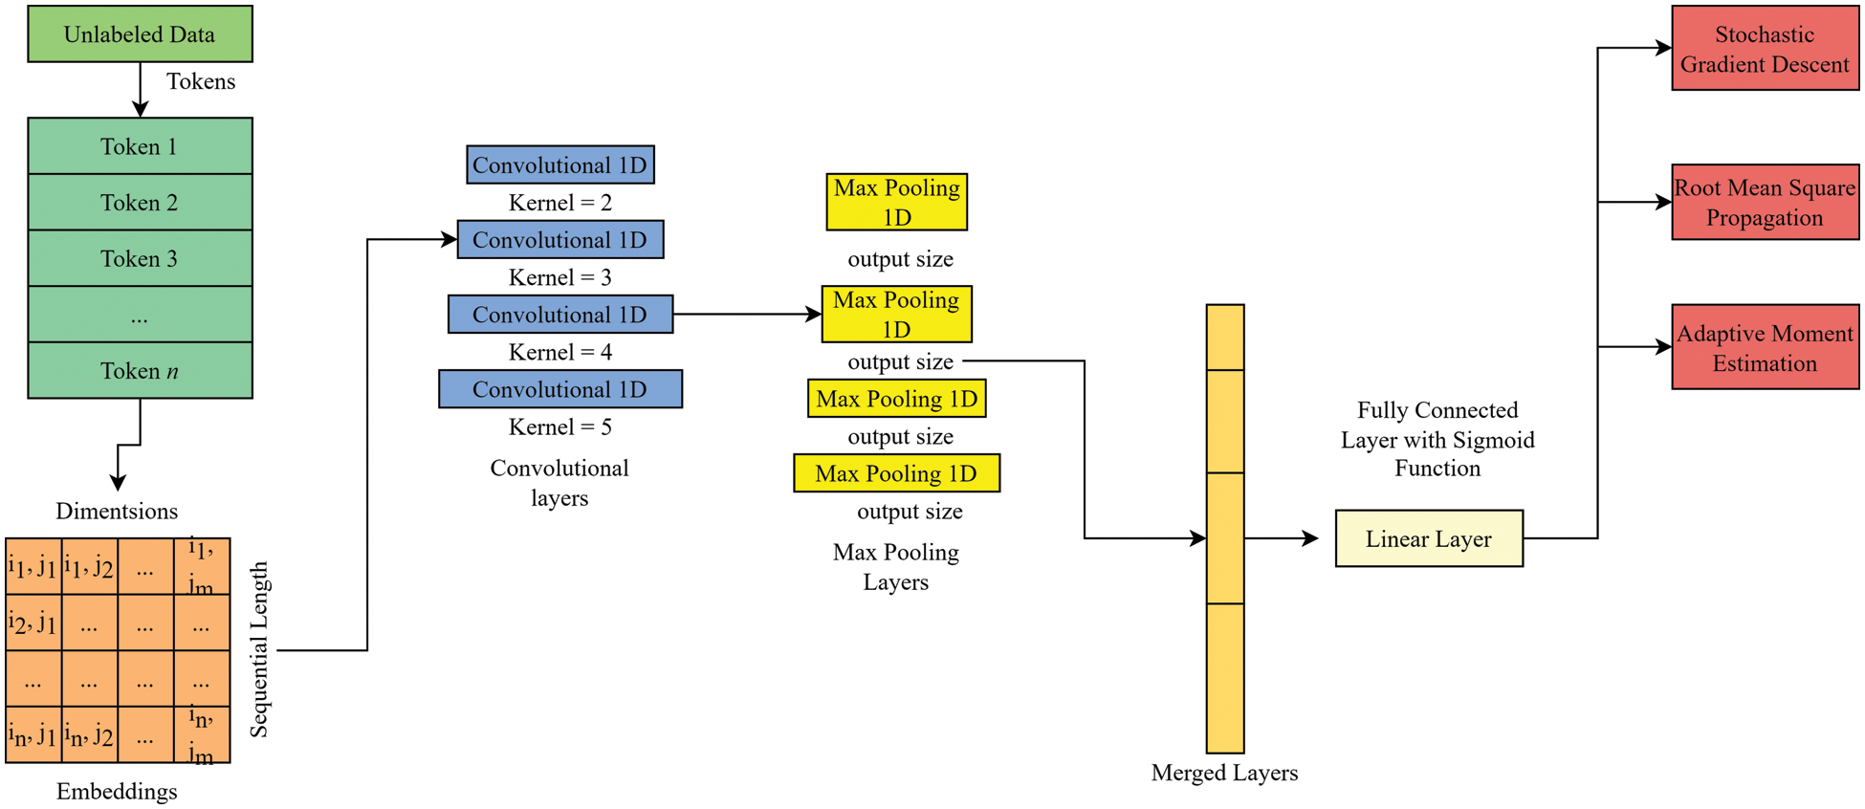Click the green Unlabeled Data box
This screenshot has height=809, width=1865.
coord(140,34)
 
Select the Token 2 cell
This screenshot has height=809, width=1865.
coord(140,203)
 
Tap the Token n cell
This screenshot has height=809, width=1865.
coord(140,371)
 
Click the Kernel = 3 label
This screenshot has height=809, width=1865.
coord(559,278)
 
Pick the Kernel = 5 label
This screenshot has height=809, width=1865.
coord(559,427)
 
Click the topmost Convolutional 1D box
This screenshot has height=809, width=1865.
coord(560,165)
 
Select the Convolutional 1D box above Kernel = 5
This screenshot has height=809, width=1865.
coord(560,389)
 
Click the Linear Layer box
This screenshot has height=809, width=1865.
coord(1429,538)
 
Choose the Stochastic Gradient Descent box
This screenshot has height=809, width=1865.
coord(1765,49)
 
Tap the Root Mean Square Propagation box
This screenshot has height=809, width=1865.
coord(1765,203)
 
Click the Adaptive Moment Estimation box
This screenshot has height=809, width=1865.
coord(1765,347)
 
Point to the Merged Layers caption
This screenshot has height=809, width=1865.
coord(1224,773)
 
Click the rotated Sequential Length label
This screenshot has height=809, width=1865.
coord(259,650)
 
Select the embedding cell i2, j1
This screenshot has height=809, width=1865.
coord(33,623)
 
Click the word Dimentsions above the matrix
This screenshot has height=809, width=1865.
coord(117,512)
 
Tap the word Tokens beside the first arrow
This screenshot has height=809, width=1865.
coord(201,82)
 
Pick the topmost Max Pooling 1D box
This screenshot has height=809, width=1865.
coord(897,202)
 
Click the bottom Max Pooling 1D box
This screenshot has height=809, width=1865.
coord(896,473)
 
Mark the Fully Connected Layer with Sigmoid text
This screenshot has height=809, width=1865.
coord(1437,439)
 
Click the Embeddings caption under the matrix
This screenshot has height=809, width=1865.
coord(117,792)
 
